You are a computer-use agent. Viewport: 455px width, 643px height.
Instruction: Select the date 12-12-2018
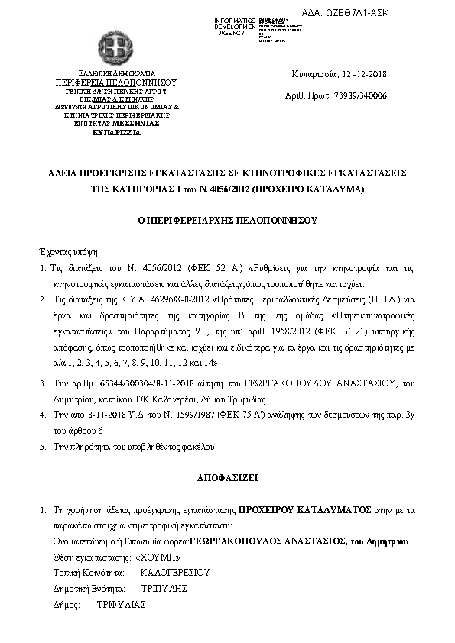[x=362, y=74]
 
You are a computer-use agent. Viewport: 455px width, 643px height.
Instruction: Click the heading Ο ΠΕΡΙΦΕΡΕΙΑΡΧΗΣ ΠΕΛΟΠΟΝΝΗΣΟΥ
[x=227, y=220]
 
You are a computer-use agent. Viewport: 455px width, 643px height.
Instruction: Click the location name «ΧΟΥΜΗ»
[x=146, y=557]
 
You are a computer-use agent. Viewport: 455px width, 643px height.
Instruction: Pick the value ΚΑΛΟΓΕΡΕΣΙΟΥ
[x=176, y=572]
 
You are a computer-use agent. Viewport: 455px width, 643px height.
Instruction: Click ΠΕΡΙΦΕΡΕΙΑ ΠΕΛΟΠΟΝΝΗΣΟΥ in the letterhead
[x=115, y=81]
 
